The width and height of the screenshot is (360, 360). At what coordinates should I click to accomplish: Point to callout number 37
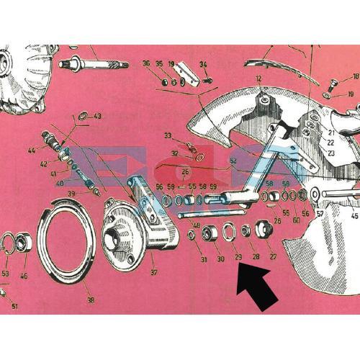pyautogui.click(x=153, y=273)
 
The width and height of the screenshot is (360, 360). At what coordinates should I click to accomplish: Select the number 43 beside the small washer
pyautogui.click(x=97, y=116)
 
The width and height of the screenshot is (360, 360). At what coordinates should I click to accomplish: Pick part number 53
pyautogui.click(x=5, y=274)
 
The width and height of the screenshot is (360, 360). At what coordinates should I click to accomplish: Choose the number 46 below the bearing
pyautogui.click(x=24, y=275)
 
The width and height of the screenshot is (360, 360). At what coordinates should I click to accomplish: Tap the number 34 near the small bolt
pyautogui.click(x=203, y=65)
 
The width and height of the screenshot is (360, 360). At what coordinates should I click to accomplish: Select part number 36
pyautogui.click(x=146, y=63)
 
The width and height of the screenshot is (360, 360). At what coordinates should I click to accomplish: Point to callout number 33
pyautogui.click(x=167, y=135)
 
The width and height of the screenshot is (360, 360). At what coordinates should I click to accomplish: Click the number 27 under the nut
pyautogui.click(x=273, y=256)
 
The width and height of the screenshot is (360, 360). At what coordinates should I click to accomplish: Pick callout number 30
pyautogui.click(x=220, y=258)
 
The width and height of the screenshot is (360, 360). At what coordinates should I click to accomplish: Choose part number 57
pyautogui.click(x=320, y=214)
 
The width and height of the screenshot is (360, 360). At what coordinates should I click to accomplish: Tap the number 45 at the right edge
pyautogui.click(x=354, y=215)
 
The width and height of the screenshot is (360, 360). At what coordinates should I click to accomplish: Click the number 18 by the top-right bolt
pyautogui.click(x=354, y=76)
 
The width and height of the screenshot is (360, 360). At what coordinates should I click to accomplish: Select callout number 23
pyautogui.click(x=331, y=153)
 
